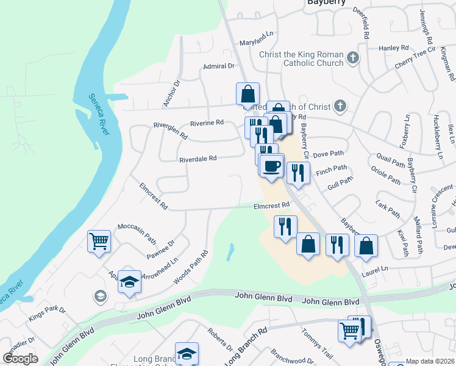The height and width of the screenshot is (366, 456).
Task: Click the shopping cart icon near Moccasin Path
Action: coord(99,240)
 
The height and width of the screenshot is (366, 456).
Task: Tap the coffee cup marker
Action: coord(272,165)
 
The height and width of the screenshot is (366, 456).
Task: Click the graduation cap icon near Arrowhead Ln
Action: coord(129,281)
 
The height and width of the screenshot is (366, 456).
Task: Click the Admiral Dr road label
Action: coord(219,66)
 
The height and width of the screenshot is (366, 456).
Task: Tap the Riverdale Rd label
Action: coord(198,159)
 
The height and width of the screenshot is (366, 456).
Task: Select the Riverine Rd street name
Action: coord(207,123)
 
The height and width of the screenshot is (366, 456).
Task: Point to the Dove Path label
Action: coord(329,154)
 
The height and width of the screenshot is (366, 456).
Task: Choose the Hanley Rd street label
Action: coord(393,48)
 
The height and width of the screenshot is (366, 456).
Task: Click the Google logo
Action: coord(20,358)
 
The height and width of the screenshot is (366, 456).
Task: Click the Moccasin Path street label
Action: coord(137,226)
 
